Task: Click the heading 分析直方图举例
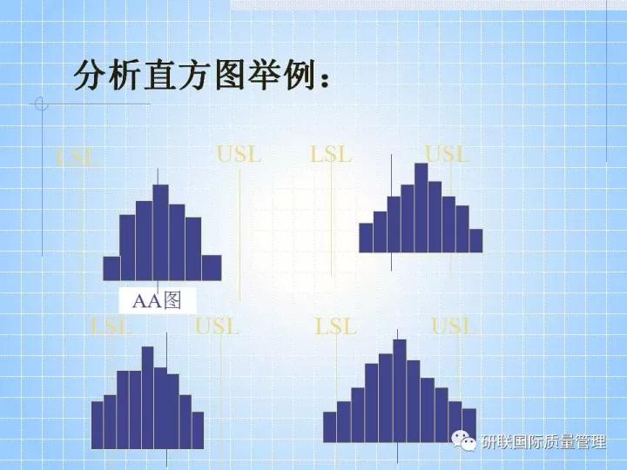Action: pyautogui.click(x=202, y=76)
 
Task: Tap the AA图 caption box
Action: pyautogui.click(x=157, y=301)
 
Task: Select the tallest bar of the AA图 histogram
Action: pyautogui.click(x=160, y=232)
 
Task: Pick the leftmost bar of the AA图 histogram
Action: pyautogui.click(x=111, y=267)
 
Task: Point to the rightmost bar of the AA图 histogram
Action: pyautogui.click(x=211, y=267)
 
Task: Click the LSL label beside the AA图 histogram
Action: pyautogui.click(x=77, y=158)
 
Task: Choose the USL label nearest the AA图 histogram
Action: pyautogui.click(x=239, y=155)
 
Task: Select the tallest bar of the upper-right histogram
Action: pyautogui.click(x=421, y=207)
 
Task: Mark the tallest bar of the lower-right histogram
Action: pyautogui.click(x=400, y=390)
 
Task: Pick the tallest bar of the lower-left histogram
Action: pyautogui.click(x=147, y=397)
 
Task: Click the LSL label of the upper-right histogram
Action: pyautogui.click(x=331, y=155)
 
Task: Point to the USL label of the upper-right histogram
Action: pyautogui.click(x=447, y=155)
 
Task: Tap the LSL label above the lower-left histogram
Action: pyautogui.click(x=111, y=327)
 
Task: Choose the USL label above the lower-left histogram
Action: pyautogui.click(x=217, y=327)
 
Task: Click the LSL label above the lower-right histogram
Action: pyautogui.click(x=336, y=327)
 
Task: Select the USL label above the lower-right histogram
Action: pyautogui.click(x=454, y=327)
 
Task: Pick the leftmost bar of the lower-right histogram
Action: pyautogui.click(x=329, y=426)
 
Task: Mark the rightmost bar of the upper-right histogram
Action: pyautogui.click(x=475, y=240)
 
